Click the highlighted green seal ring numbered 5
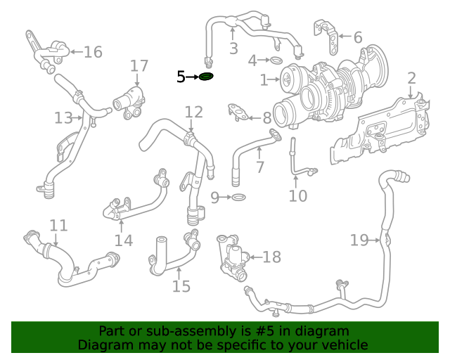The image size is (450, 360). (x=206, y=77)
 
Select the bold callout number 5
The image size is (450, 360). (x=181, y=77)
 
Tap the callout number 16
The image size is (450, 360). (x=93, y=52)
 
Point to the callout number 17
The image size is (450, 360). (x=139, y=66)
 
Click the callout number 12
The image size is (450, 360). (x=194, y=112)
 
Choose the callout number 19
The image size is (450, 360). (x=359, y=240)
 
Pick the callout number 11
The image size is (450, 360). (x=58, y=226)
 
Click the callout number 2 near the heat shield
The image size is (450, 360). (x=411, y=79)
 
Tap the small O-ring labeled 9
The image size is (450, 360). (x=239, y=198)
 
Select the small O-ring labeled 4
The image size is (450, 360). (x=276, y=61)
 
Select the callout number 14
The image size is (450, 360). (x=124, y=240)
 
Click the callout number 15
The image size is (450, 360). (x=181, y=285)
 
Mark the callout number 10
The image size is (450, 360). (x=298, y=195)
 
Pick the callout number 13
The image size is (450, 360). (x=63, y=117)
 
